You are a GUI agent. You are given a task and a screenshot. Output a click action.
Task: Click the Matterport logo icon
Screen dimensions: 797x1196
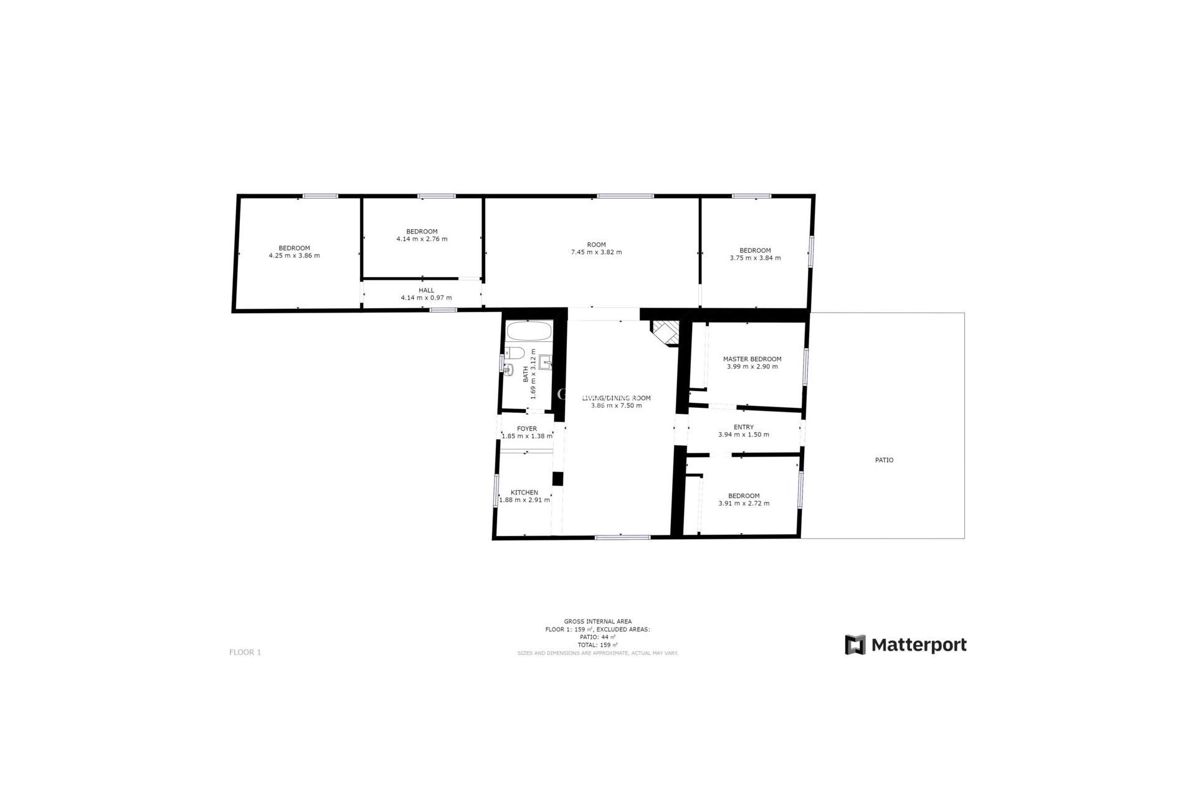855,644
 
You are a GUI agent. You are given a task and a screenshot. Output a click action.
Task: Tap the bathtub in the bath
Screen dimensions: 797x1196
528,331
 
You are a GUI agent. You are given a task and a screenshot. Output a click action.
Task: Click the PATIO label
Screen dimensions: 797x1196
884,460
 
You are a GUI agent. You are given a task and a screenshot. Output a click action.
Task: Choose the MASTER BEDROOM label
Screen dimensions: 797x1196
752,359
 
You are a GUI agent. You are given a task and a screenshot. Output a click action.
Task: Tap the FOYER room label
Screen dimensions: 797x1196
527,429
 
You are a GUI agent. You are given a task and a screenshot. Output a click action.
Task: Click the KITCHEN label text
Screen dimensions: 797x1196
524,493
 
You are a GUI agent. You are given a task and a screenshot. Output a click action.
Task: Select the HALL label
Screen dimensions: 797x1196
427,290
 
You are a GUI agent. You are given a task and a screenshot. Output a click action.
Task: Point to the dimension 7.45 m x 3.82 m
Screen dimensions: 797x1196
596,252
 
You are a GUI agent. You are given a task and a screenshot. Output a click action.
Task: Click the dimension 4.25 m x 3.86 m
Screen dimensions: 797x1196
294,255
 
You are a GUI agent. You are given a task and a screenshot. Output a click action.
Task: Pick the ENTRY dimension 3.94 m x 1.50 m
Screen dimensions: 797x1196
744,435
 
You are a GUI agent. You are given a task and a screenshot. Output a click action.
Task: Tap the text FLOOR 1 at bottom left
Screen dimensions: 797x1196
245,653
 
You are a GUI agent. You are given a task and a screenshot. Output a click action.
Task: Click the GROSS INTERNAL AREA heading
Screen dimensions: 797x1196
597,621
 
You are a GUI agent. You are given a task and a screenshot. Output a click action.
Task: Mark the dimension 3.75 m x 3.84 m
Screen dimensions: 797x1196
755,258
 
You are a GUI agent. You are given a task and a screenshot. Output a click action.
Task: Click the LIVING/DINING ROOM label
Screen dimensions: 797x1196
616,398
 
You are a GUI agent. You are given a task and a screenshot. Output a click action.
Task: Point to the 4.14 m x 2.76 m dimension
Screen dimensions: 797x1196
422,239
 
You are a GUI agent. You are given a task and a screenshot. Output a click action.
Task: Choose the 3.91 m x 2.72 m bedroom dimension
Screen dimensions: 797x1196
744,503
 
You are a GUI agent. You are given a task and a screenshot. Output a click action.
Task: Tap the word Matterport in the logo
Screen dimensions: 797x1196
919,644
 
